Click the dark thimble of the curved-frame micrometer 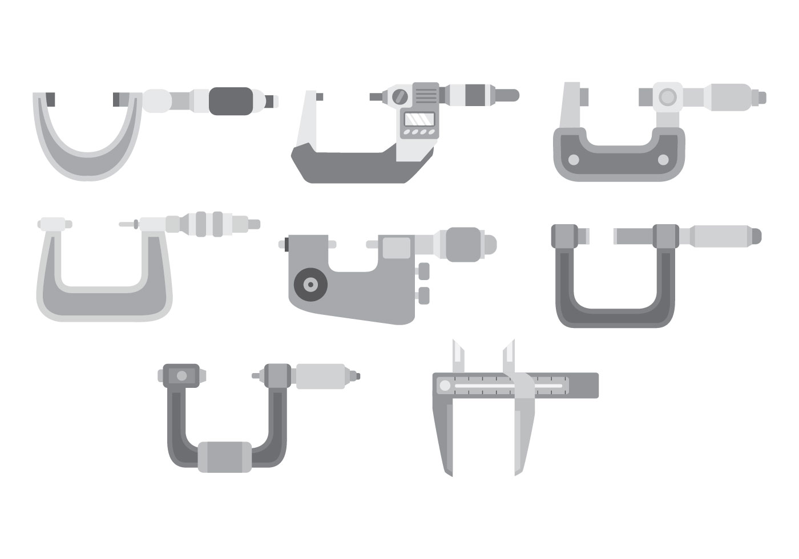[231, 101]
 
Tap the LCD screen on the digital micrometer [419, 119]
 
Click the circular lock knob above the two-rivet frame [667, 97]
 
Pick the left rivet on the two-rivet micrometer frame [574, 160]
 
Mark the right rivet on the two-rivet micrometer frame [663, 160]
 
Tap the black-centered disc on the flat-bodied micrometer [310, 283]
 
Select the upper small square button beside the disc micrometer [423, 270]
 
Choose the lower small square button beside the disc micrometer [423, 294]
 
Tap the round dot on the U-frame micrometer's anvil [181, 375]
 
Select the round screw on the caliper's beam [444, 386]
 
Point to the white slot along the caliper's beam [508, 387]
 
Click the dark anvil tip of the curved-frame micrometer [50, 100]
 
